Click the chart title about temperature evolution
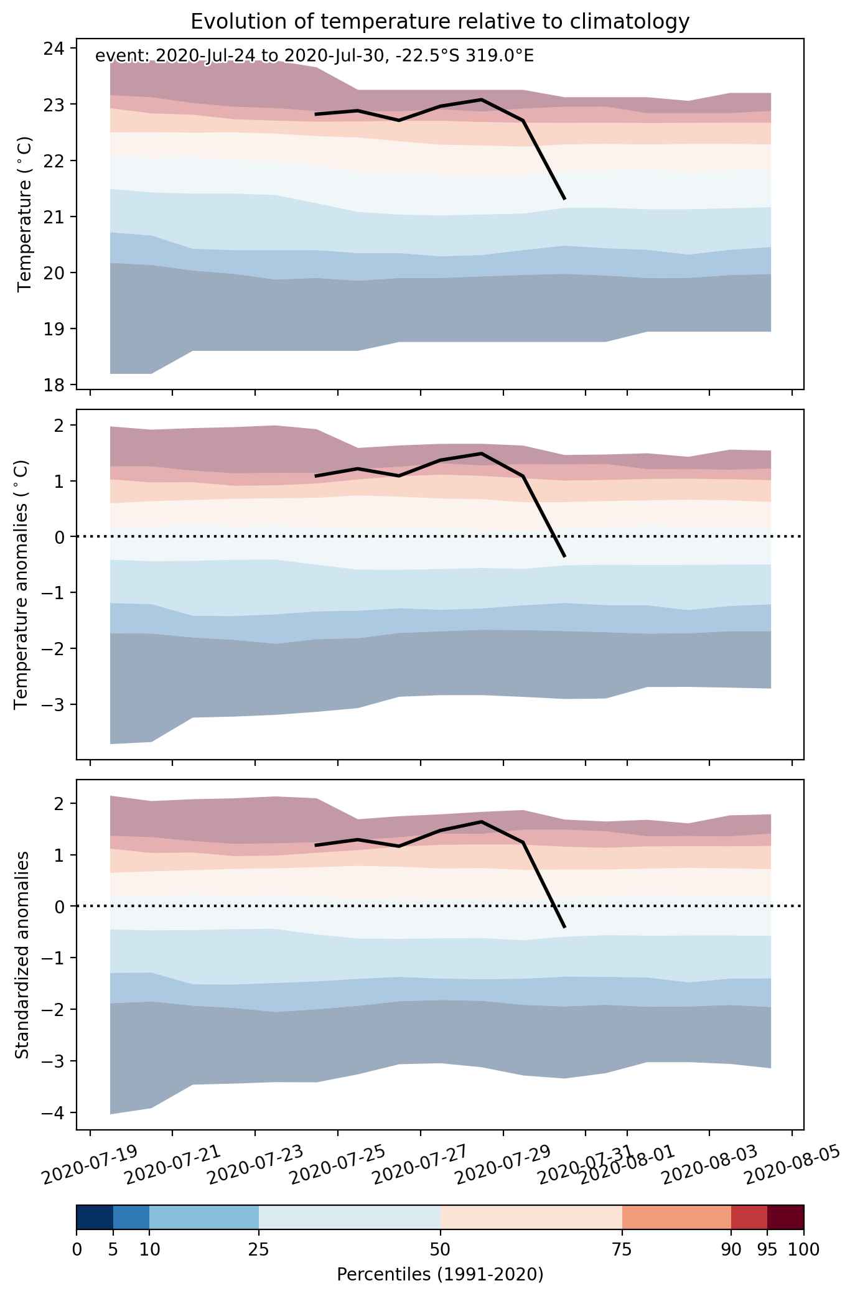[x=440, y=22]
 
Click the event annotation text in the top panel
[x=314, y=57]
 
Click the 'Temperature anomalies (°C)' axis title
[x=21, y=584]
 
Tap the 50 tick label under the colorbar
[x=441, y=1249]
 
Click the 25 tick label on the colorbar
[x=258, y=1249]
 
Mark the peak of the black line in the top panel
[x=482, y=99]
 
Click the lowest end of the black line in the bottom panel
[x=564, y=928]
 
